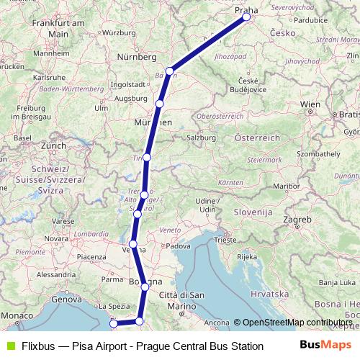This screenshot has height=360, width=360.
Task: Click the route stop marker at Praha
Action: (247, 17)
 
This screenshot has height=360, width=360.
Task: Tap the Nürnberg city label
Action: (137, 56)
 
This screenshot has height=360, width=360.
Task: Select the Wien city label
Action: (310, 104)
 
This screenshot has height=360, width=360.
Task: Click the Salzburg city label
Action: (201, 137)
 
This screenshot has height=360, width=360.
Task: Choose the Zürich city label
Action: (53, 145)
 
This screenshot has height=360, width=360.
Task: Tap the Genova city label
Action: (66, 299)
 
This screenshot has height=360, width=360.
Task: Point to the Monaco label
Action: (17, 316)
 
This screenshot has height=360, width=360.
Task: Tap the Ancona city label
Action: (217, 323)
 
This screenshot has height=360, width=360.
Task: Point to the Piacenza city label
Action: (91, 256)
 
